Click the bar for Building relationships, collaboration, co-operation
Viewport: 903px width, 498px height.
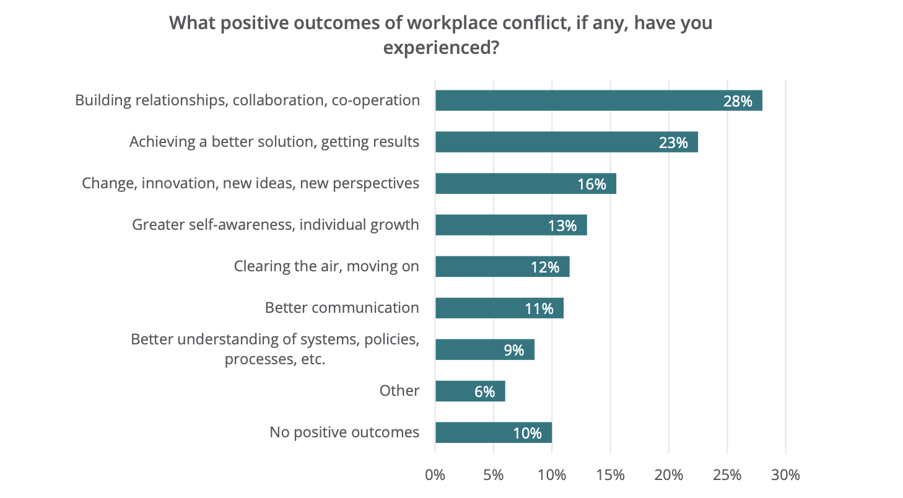(x=598, y=100)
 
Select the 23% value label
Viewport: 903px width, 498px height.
(x=673, y=142)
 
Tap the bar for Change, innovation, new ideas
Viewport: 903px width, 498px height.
(x=525, y=183)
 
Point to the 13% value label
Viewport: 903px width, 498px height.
(x=562, y=225)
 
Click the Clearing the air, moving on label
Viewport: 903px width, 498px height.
(x=326, y=266)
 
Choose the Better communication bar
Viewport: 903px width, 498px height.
(x=499, y=308)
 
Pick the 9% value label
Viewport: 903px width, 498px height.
(x=514, y=350)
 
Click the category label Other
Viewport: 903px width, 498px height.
(x=399, y=391)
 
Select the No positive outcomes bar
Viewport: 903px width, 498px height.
(x=493, y=432)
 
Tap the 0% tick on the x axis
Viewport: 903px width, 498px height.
(x=435, y=476)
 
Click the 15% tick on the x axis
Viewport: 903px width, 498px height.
(x=611, y=476)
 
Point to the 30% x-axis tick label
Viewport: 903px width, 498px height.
(x=785, y=476)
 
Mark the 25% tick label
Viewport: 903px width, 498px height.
(x=727, y=476)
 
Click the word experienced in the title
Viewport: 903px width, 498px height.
(x=436, y=48)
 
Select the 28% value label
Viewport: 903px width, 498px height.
(x=738, y=101)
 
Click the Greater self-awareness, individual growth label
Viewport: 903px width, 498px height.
(x=276, y=224)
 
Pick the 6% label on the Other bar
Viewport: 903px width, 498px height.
(x=485, y=391)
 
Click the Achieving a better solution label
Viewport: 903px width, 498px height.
(x=274, y=142)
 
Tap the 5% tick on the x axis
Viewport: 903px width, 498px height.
(x=494, y=476)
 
